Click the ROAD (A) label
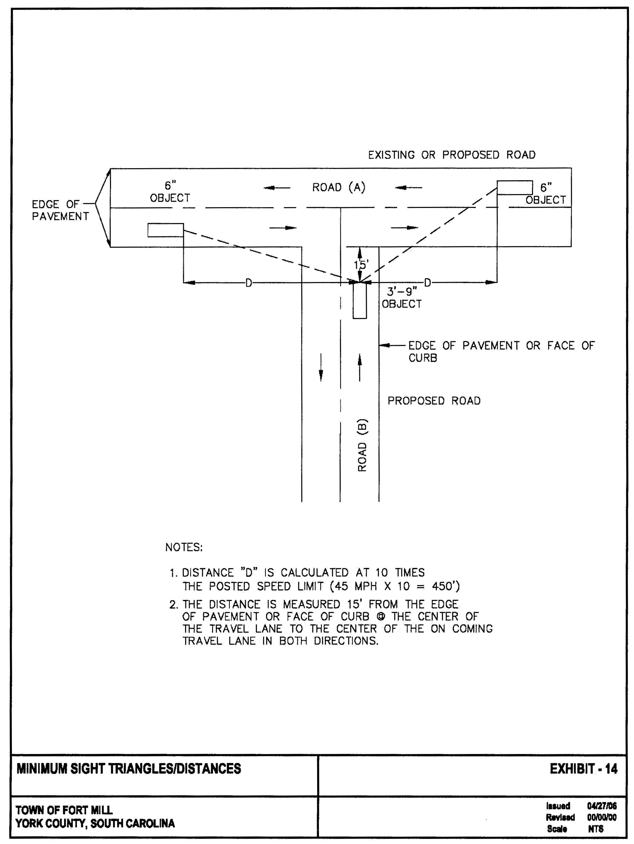(338, 187)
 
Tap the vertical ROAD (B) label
(362, 445)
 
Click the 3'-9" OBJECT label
(402, 298)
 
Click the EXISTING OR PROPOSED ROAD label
(452, 155)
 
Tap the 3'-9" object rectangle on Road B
(359, 301)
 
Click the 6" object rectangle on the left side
(166, 230)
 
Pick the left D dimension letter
(248, 283)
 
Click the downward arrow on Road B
(321, 367)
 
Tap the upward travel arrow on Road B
(359, 367)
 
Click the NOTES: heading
(184, 547)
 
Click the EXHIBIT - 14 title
(583, 769)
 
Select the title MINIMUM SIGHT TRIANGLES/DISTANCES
(128, 769)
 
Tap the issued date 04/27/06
(602, 806)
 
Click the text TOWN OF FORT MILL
(64, 810)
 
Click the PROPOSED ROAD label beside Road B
(434, 401)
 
